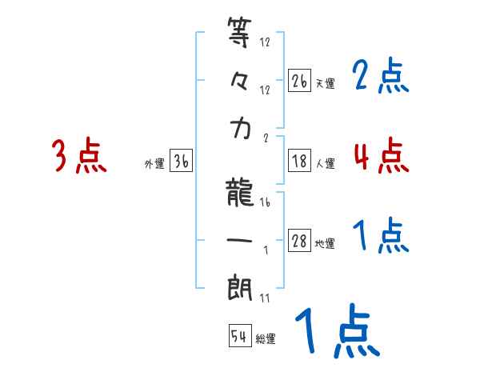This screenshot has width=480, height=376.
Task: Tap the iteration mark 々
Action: coord(241,82)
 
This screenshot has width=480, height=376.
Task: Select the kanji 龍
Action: coord(241,192)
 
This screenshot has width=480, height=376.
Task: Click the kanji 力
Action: coord(241,130)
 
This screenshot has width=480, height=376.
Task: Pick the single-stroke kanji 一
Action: coord(241,241)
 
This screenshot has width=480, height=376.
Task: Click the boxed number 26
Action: coord(299,81)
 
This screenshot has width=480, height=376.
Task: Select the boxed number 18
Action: coord(299,161)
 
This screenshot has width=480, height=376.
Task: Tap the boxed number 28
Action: coord(299,241)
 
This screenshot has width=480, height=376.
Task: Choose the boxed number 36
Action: coord(181,162)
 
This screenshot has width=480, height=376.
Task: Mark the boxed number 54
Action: coord(239,337)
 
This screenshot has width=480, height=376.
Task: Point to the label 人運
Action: coord(325,163)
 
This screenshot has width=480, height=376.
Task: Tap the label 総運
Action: coord(266,339)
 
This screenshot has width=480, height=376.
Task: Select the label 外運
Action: coord(154,164)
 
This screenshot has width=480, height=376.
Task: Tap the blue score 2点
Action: coord(381,76)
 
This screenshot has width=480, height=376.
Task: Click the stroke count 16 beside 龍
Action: coord(265,203)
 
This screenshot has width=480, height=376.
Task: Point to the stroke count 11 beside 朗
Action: coord(265,299)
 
